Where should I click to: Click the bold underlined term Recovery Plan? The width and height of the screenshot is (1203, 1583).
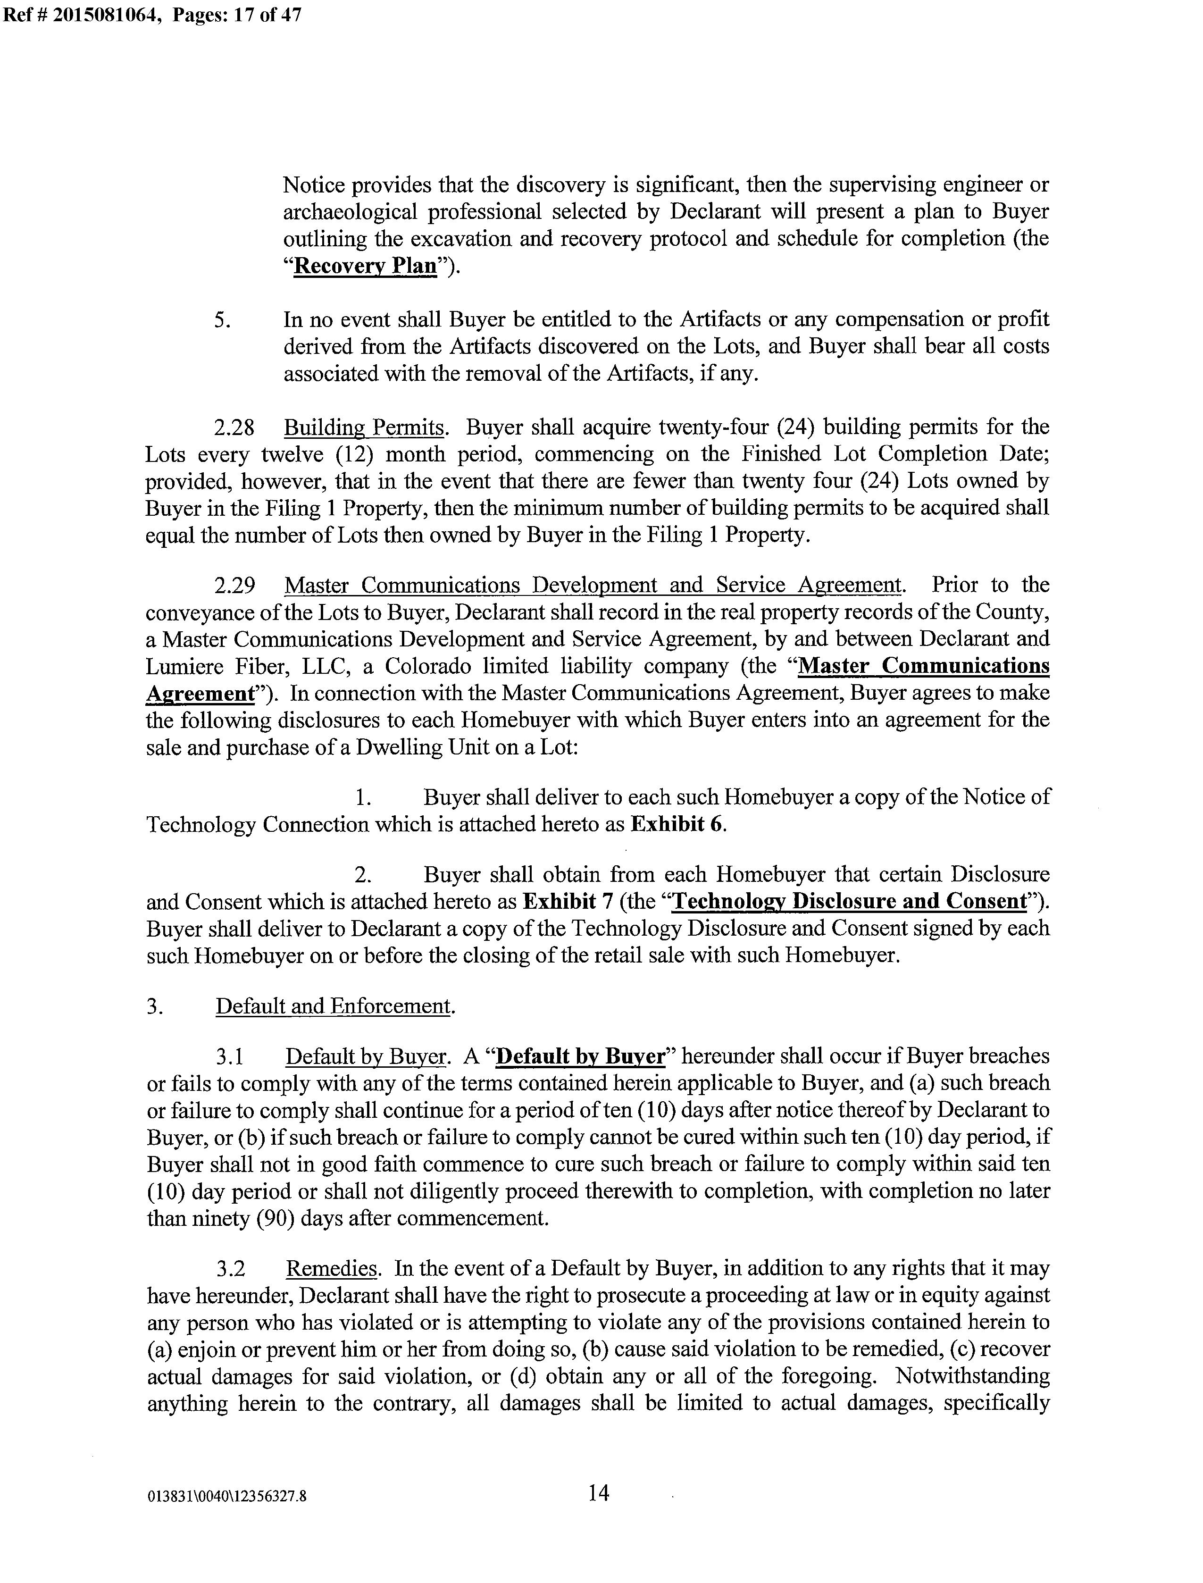(366, 266)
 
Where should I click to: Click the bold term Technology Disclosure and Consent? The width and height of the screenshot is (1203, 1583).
(850, 901)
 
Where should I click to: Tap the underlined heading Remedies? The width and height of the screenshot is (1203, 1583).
(332, 1269)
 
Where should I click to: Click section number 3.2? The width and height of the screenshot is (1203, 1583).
(232, 1269)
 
